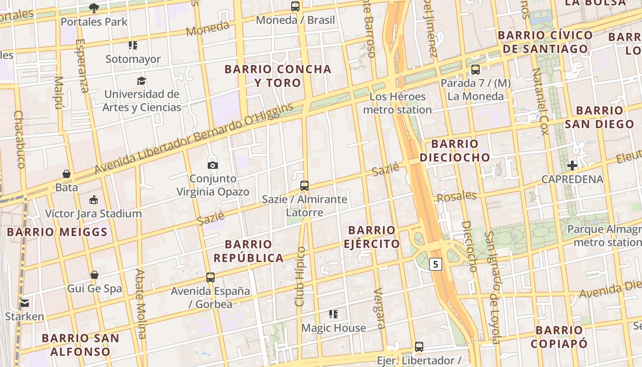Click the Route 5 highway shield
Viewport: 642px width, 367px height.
435,264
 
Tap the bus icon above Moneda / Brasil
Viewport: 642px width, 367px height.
295,6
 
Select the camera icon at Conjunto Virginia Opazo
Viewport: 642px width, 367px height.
213,165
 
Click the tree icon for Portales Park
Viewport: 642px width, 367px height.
94,8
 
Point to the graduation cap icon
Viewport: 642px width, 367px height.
141,81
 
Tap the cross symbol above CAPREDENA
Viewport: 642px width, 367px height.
572,165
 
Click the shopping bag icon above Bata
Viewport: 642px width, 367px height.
66,174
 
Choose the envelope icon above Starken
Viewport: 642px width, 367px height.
25,303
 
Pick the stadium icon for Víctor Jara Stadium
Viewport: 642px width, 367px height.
94,200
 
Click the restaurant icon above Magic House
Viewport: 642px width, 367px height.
333,314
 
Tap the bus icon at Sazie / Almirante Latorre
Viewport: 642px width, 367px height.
304,186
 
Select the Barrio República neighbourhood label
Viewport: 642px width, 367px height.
249,251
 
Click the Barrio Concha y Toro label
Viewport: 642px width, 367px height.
277,76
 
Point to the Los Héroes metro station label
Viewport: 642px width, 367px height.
398,103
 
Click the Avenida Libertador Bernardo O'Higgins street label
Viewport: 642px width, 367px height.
194,139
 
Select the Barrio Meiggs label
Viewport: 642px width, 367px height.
57,232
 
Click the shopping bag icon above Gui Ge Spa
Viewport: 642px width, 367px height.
94,275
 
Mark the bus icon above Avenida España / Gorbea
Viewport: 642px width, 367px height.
210,278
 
